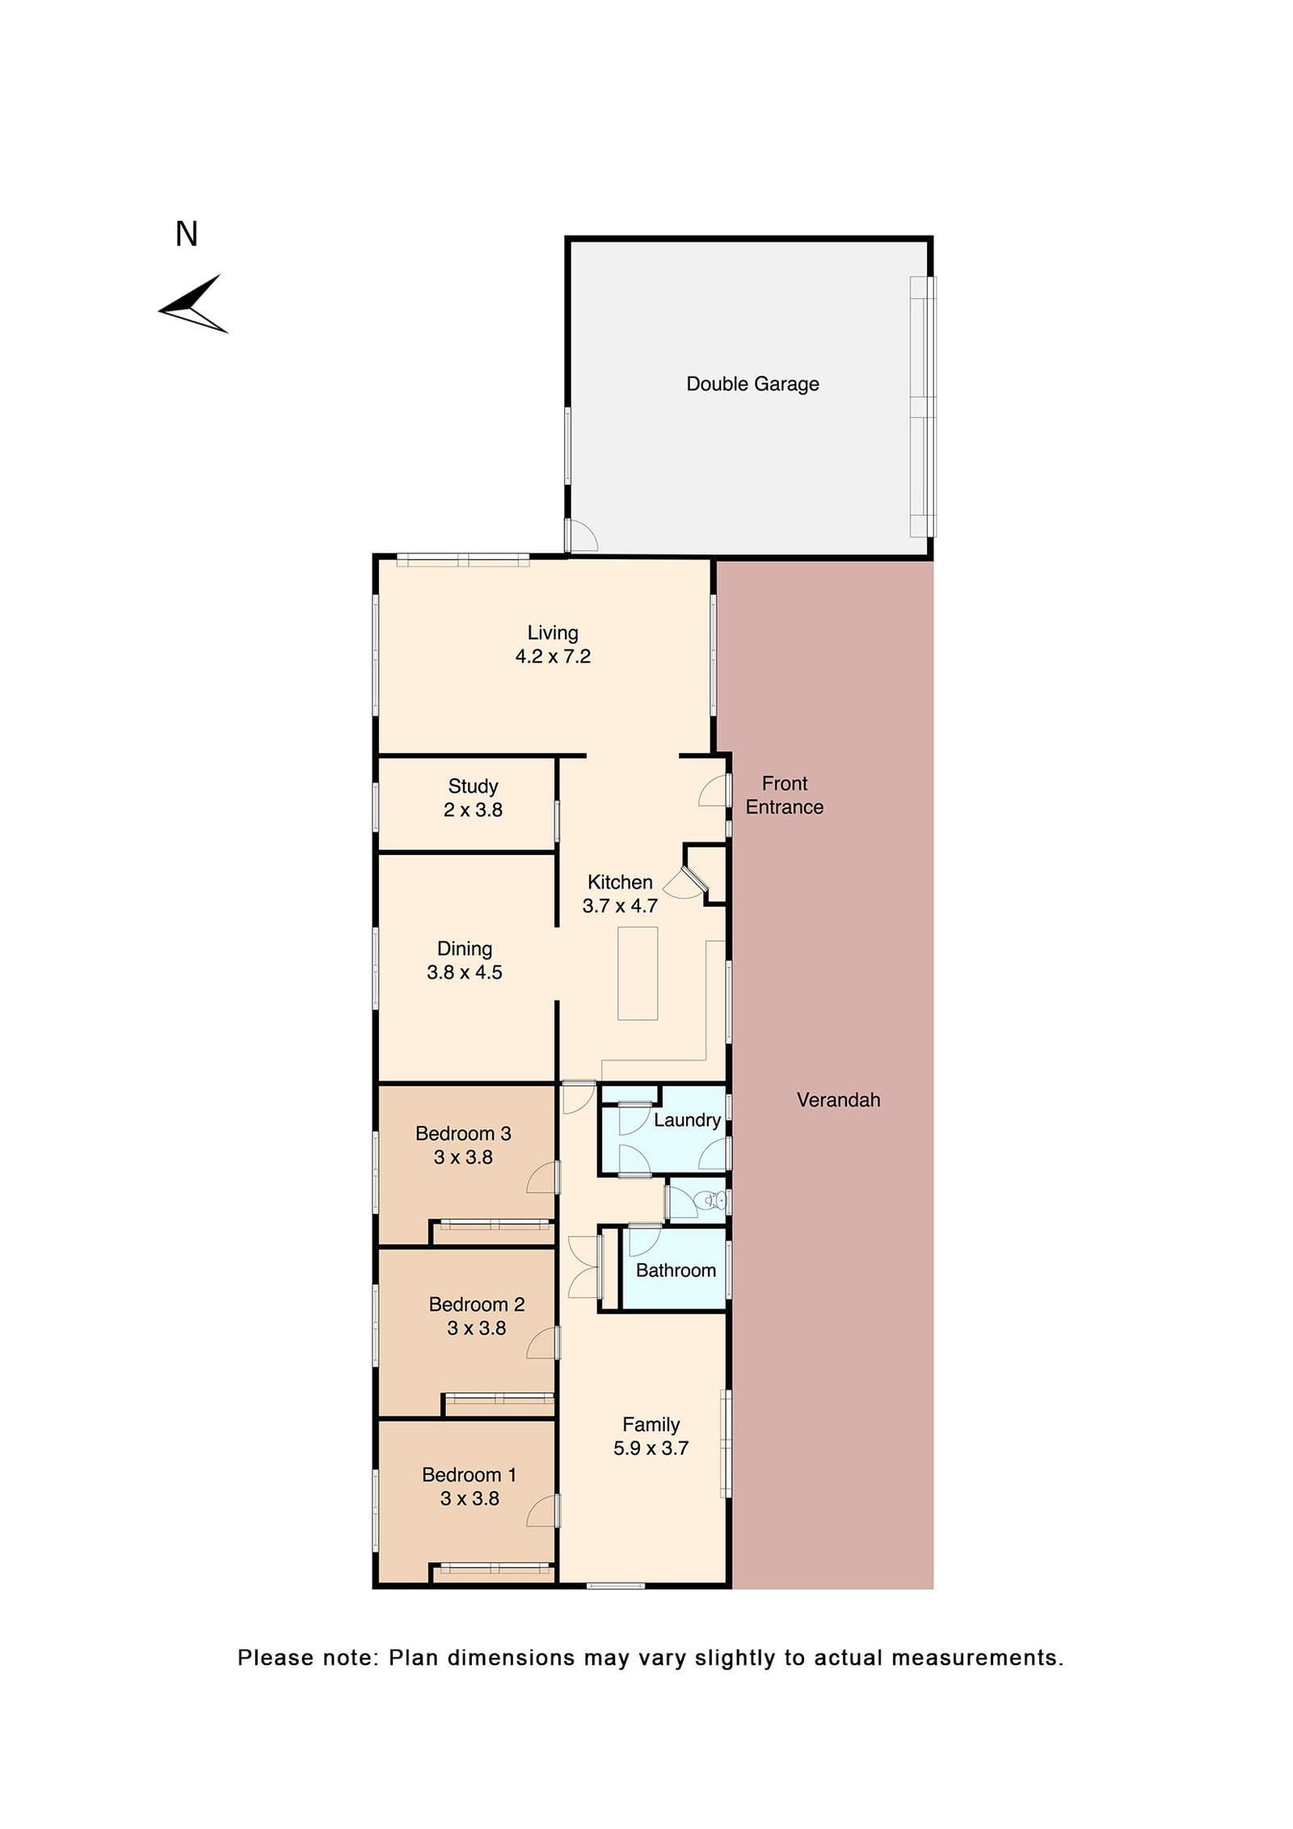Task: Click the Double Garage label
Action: pyautogui.click(x=752, y=385)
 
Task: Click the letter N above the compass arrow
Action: pyautogui.click(x=187, y=234)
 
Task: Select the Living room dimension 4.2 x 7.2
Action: pyautogui.click(x=553, y=657)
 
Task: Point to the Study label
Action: pyautogui.click(x=473, y=786)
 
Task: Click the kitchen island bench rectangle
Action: pyautogui.click(x=638, y=974)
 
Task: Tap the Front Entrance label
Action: pyautogui.click(x=785, y=796)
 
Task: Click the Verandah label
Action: pyautogui.click(x=838, y=1100)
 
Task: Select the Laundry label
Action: pyautogui.click(x=687, y=1121)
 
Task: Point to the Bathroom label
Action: pyautogui.click(x=676, y=1271)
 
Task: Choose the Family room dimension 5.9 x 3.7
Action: pyautogui.click(x=651, y=1449)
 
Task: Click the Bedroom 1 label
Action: pyautogui.click(x=469, y=1475)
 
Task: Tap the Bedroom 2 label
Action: pyautogui.click(x=477, y=1304)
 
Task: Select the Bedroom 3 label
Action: pyautogui.click(x=463, y=1134)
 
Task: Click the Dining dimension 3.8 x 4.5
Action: pyautogui.click(x=465, y=973)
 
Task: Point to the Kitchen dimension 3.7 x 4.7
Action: pyautogui.click(x=620, y=907)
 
